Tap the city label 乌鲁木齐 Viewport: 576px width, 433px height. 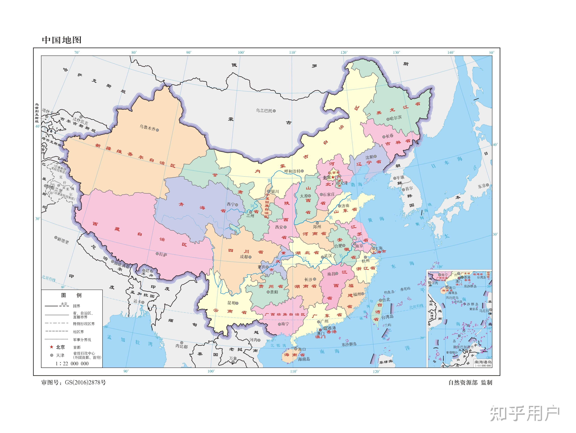pyautogui.click(x=147, y=128)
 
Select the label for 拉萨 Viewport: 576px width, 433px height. pyautogui.click(x=163, y=254)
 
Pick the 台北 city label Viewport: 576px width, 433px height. pyautogui.click(x=386, y=300)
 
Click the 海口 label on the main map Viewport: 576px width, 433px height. pyautogui.click(x=302, y=349)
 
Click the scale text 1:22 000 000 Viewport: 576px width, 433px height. pyautogui.click(x=72, y=363)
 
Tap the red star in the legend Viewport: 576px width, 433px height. pyautogui.click(x=52, y=347)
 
